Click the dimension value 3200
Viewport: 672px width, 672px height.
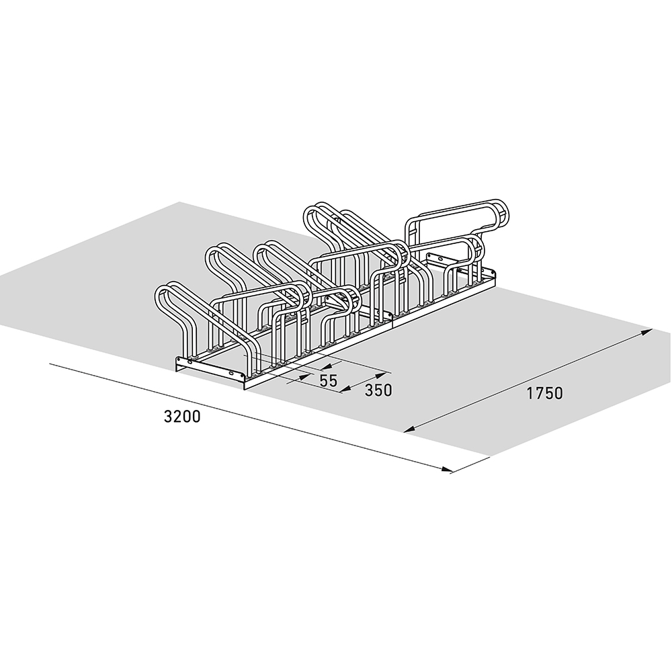pyautogui.click(x=182, y=417)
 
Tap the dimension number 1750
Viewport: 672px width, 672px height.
pyautogui.click(x=544, y=393)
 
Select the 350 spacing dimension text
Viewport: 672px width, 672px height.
pyautogui.click(x=378, y=390)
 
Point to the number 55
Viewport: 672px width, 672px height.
pyautogui.click(x=329, y=380)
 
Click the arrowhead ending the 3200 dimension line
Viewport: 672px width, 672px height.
pyautogui.click(x=447, y=470)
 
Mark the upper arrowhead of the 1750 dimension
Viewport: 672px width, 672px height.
pyautogui.click(x=646, y=332)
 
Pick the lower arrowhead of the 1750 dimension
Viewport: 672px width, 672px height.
pyautogui.click(x=410, y=429)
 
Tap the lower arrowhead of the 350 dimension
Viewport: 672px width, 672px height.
pyautogui.click(x=345, y=389)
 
